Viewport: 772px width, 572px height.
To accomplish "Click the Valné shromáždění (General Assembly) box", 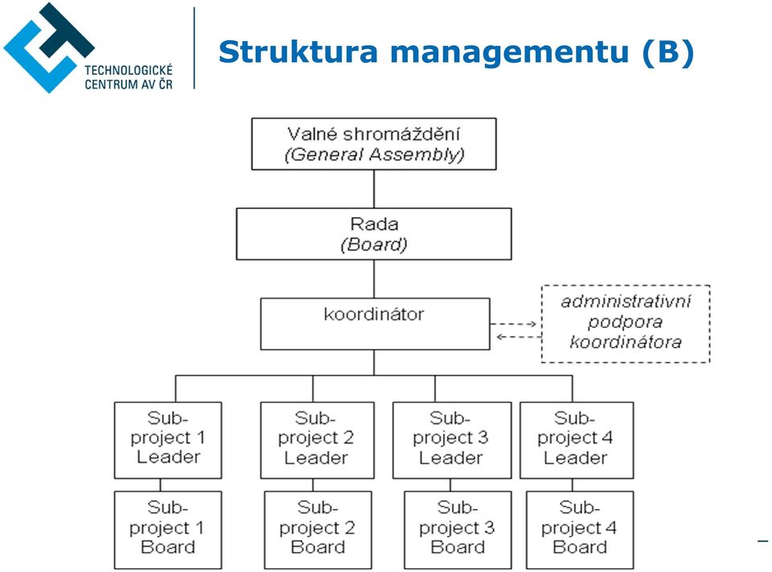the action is point(374,144).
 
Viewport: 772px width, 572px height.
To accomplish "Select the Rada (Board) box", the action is point(374,234).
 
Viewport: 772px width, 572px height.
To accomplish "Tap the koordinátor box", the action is point(376,323).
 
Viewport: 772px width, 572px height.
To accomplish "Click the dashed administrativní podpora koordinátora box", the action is point(626,323).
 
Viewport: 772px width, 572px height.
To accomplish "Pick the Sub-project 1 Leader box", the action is point(168,440).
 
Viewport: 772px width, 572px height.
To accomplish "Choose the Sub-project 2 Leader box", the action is point(317,440).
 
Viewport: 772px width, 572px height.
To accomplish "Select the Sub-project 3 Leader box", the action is point(452,440).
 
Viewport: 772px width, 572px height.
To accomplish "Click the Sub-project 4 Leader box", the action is point(577,440).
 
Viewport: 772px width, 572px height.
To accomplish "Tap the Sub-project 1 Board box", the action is point(168,529).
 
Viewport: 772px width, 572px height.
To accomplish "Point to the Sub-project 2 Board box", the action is point(318,529).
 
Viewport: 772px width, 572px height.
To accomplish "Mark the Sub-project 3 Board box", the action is point(458,529).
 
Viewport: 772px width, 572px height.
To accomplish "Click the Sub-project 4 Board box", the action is point(580,529).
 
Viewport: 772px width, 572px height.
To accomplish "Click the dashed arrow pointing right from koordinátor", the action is point(514,324).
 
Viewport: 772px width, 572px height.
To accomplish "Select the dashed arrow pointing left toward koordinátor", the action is point(519,337).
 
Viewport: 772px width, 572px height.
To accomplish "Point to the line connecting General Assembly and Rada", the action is point(374,189).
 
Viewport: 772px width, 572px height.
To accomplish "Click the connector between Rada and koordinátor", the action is point(374,279).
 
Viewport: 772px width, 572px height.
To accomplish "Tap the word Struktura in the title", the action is point(298,51).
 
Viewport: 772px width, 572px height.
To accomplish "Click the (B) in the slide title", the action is point(668,51).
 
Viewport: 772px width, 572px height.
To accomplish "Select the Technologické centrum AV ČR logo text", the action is point(129,77).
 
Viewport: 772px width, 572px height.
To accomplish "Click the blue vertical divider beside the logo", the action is point(194,47).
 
